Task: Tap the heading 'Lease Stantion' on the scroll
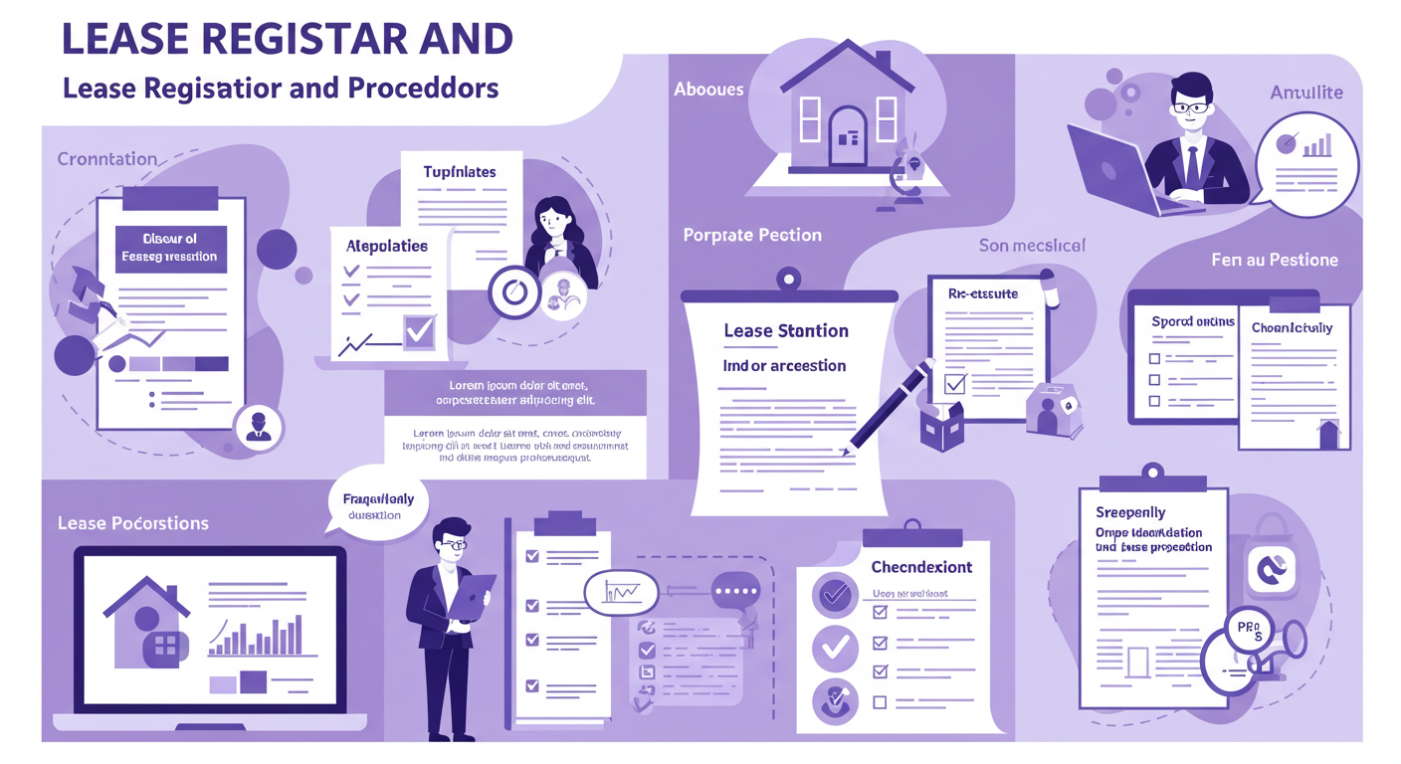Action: point(785,330)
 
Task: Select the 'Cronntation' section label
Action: point(107,159)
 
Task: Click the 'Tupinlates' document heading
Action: point(459,172)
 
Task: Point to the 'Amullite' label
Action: point(1306,93)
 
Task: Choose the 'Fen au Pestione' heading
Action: point(1275,260)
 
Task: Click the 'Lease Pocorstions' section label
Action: point(133,523)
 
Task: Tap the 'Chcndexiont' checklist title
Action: point(921,567)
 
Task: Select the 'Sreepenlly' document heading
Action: point(1129,512)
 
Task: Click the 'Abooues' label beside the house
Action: point(708,90)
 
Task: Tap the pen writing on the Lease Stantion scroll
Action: point(892,402)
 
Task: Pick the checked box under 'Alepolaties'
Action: point(419,329)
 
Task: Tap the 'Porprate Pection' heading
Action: point(752,236)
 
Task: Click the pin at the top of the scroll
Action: point(788,276)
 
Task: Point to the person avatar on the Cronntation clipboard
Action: point(259,425)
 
